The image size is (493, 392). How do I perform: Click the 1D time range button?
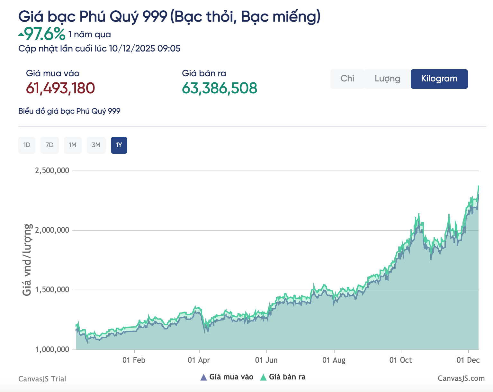(x=27, y=145)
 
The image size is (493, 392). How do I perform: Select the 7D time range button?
(x=49, y=145)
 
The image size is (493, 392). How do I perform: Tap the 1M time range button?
(x=73, y=145)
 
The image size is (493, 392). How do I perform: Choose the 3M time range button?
(x=96, y=145)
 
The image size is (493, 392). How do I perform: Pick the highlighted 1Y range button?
(x=119, y=145)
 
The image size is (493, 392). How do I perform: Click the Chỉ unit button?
(x=347, y=79)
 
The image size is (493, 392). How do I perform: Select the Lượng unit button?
(x=388, y=79)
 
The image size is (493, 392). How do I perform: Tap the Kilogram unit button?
(x=439, y=79)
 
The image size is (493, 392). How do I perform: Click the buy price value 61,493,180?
(x=60, y=88)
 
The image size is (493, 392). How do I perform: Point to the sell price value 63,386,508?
(x=220, y=88)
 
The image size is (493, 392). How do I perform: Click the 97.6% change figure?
(x=45, y=34)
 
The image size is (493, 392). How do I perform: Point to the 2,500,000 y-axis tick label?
(x=52, y=171)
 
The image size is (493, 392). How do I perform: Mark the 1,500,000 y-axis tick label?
(x=52, y=290)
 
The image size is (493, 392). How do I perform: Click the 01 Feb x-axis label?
(x=134, y=360)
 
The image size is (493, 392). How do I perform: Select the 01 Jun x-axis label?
(x=266, y=360)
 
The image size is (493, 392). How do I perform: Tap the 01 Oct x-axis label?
(x=400, y=360)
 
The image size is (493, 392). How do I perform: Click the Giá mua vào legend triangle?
(x=203, y=377)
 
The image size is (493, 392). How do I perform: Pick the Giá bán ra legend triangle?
(x=263, y=377)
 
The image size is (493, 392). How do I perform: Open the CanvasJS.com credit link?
(x=461, y=378)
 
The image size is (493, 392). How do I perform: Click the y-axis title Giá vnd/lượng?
(x=27, y=260)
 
